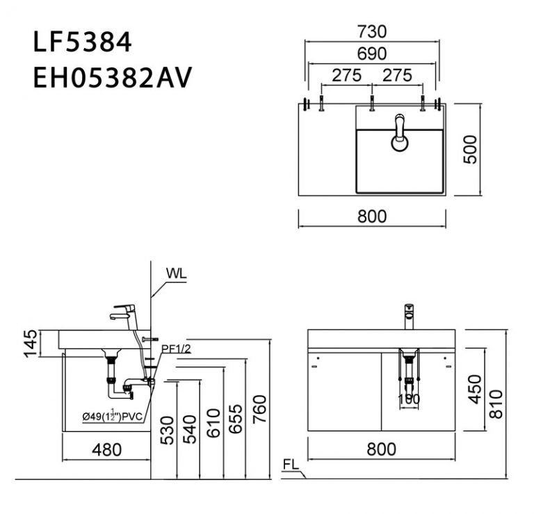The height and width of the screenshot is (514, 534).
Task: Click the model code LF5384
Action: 82,42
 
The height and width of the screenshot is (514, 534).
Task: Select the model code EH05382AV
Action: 111,79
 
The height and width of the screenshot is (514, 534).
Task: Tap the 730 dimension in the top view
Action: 372,31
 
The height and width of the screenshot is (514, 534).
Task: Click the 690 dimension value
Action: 372,53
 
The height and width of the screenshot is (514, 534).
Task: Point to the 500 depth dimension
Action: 471,149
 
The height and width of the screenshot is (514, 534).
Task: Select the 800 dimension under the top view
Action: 372,216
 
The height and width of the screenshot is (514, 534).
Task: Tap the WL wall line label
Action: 177,273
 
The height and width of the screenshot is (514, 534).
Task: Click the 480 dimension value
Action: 106,450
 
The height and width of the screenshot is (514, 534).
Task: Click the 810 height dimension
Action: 496,404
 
